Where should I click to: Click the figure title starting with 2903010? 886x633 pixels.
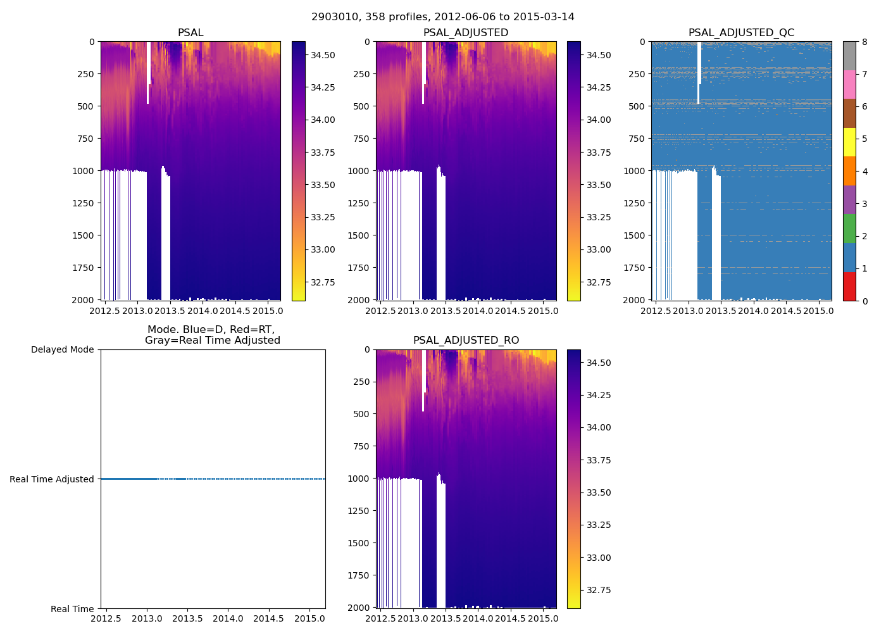443,17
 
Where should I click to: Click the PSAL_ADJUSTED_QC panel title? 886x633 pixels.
741,33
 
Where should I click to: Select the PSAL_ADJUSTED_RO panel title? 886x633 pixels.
466,341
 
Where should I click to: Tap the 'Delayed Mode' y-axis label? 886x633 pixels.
62,350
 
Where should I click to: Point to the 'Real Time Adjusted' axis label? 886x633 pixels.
52,480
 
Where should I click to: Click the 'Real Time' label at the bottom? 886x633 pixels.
72,609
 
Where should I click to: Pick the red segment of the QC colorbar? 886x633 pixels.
849,286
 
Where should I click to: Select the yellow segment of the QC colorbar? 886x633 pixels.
849,142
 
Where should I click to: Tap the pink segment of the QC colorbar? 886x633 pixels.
849,85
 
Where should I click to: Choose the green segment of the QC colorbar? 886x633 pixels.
849,229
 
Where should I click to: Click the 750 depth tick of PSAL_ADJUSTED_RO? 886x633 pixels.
362,446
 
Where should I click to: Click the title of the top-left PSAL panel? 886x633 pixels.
190,33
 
